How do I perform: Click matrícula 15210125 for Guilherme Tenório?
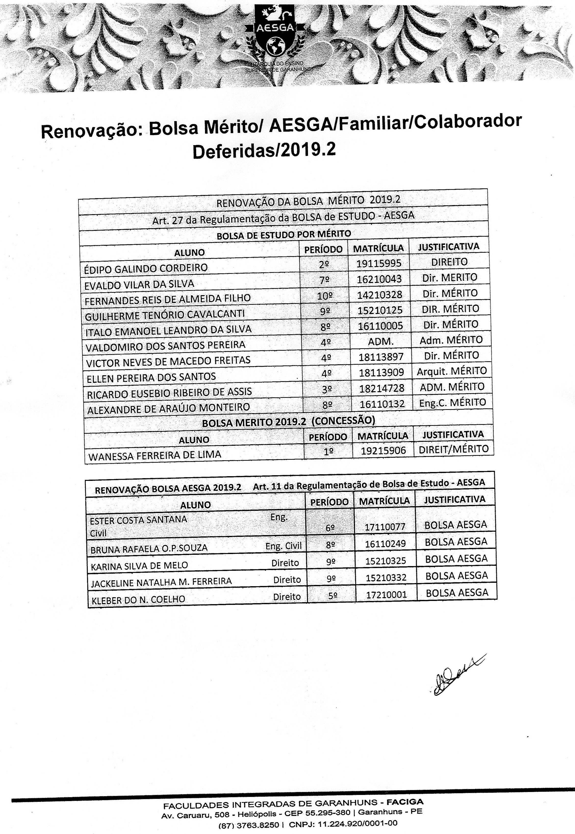pos(380,310)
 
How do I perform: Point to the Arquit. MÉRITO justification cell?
pos(452,371)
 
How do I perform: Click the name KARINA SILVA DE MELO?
pos(140,566)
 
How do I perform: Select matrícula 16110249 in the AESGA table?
pos(385,544)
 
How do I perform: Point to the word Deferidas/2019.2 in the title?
pos(264,151)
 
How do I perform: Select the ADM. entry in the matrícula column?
pos(381,341)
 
